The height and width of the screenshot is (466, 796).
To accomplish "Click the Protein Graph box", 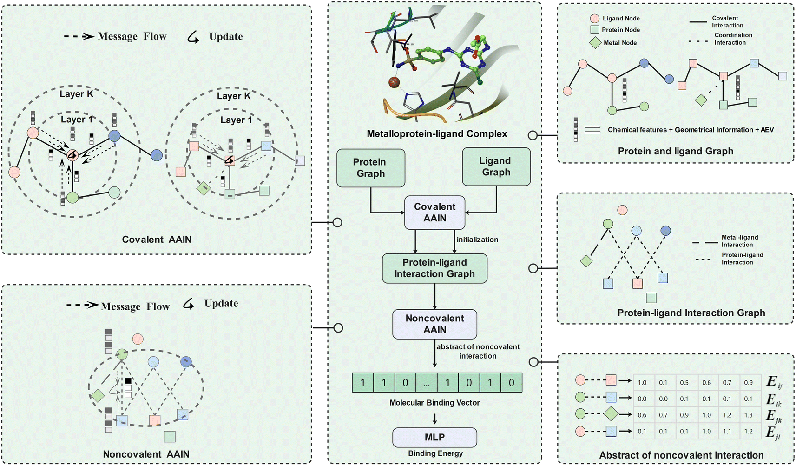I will click(x=370, y=168).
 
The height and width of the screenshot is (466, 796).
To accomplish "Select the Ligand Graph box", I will click(x=496, y=166).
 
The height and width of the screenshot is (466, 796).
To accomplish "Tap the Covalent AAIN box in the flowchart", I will click(x=434, y=213).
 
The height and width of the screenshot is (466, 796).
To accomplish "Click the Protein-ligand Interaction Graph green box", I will click(x=434, y=268).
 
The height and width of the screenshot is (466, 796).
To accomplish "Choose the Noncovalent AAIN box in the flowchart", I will click(x=434, y=324).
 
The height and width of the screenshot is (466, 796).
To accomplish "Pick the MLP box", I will click(x=434, y=437).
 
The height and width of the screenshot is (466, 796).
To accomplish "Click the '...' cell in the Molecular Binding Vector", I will click(x=426, y=383).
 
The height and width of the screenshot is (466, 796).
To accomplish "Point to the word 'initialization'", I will click(x=477, y=240).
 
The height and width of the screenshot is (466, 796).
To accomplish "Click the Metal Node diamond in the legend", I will click(x=595, y=43).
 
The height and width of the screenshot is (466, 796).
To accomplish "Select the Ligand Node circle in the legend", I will click(x=594, y=19).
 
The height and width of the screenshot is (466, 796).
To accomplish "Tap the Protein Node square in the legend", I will click(x=594, y=30).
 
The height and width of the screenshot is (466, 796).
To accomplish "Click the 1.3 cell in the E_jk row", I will click(x=748, y=415).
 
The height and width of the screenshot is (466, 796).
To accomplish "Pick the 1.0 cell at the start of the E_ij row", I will click(x=642, y=383).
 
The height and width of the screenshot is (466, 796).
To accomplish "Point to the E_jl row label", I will click(x=773, y=433).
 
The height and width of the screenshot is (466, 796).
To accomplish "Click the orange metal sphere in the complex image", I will click(x=394, y=82).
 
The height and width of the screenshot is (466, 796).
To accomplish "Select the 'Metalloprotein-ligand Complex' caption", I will click(x=437, y=134).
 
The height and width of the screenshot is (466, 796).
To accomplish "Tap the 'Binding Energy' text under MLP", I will click(x=435, y=453).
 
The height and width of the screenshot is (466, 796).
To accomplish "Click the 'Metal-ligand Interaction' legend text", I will click(x=739, y=241).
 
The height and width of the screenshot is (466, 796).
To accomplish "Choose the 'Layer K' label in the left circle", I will click(x=77, y=94).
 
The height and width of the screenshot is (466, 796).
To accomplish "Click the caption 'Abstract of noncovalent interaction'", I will click(x=681, y=455).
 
